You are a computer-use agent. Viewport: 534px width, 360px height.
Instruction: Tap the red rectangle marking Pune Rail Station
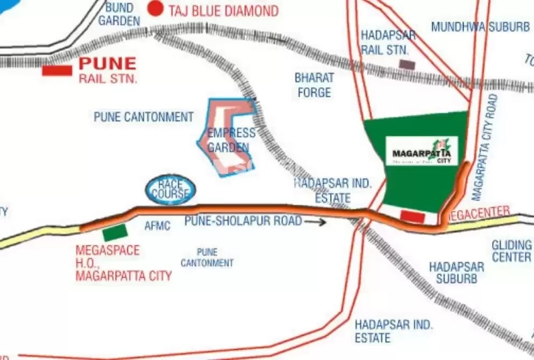tap(57, 70)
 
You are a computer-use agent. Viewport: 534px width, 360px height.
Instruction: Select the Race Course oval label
tap(170, 190)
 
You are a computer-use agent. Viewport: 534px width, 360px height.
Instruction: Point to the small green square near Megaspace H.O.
tap(115, 233)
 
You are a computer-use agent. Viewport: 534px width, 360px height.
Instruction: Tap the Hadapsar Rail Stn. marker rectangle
tap(407, 64)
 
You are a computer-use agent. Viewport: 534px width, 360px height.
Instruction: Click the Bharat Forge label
tap(315, 85)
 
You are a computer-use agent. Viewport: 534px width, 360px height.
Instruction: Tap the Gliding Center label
tap(511, 251)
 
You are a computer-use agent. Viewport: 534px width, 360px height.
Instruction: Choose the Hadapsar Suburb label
tap(457, 272)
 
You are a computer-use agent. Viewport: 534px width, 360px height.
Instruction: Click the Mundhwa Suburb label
tap(480, 27)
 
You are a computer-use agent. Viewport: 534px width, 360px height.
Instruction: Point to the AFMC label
tap(157, 226)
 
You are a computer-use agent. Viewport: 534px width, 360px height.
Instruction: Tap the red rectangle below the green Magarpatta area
tap(413, 216)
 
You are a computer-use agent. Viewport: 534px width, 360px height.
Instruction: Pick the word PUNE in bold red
tap(108, 63)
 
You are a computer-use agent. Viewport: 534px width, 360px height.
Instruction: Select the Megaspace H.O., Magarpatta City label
tap(123, 263)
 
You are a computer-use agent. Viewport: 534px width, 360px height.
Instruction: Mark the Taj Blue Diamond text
tap(223, 11)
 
